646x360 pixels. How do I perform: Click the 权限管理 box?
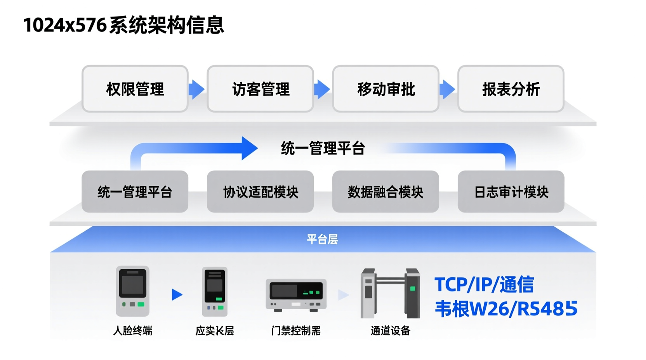coord(135,89)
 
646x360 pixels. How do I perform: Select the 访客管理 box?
coord(260,89)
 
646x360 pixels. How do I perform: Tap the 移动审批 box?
coord(386,89)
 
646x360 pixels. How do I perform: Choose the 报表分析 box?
coord(511,89)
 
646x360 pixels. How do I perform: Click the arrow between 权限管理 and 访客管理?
coord(196,89)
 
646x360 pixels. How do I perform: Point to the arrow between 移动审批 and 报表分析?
coord(447,89)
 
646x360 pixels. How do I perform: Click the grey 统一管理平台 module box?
coord(135,192)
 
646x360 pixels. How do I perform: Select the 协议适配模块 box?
coord(260,192)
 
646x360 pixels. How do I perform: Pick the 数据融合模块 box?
coord(386,192)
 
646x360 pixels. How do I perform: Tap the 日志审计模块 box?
coord(511,192)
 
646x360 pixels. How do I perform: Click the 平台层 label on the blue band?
coord(322,239)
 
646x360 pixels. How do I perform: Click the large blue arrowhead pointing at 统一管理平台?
coord(248,148)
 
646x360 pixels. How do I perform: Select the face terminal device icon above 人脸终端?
coord(132,291)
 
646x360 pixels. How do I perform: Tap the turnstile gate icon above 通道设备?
coord(390,293)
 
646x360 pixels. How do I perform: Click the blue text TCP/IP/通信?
coord(484,284)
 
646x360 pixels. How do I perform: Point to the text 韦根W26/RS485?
coord(505,309)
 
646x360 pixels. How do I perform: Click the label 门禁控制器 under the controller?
coord(296,331)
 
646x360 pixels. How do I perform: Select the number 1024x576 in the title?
coord(65,25)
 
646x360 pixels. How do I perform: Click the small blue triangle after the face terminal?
coord(177,295)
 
